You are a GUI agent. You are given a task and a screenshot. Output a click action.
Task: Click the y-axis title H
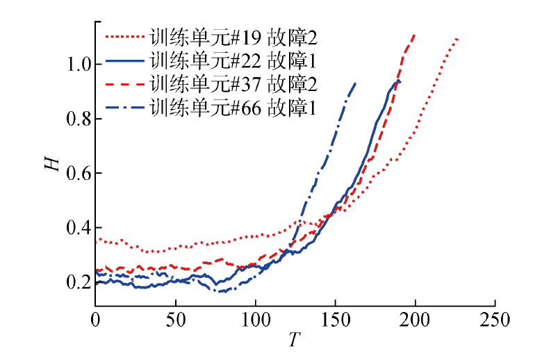click(x=49, y=164)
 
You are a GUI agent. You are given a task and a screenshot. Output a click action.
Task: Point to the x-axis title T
click(x=295, y=341)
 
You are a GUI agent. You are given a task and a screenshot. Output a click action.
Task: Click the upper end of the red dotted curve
click(x=457, y=39)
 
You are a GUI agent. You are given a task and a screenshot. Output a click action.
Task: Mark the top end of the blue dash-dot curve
click(x=355, y=83)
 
